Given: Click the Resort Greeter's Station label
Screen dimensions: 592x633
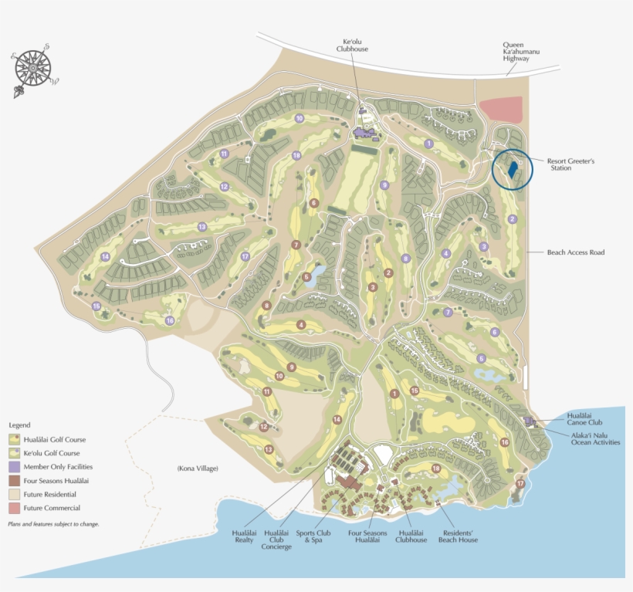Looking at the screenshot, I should [572, 164].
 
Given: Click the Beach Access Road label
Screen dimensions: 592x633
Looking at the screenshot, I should [575, 252].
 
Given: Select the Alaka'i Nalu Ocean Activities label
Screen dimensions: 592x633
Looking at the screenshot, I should [595, 438].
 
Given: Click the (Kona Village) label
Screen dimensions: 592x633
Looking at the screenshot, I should [198, 469].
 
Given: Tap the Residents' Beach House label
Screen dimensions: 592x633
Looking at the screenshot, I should [458, 536].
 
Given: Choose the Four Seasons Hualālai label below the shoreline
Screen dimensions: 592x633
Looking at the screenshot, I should [368, 536].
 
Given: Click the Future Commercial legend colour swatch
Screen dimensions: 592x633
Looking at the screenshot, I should [15, 508].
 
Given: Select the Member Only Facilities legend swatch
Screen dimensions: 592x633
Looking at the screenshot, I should [15, 466].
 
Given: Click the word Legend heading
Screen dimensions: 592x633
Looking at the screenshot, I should [19, 425].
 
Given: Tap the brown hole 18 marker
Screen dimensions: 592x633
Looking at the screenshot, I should [436, 469].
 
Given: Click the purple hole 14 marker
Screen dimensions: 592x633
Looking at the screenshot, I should [105, 257].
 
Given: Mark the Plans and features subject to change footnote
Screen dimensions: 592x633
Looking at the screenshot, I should [53, 524].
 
